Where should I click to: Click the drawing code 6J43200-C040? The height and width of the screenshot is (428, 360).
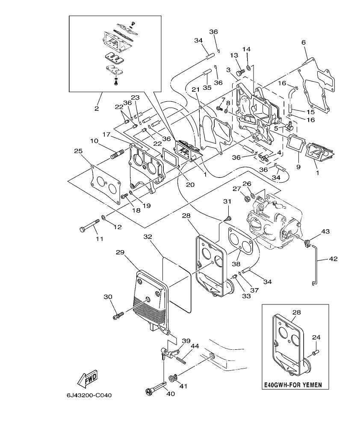coord(89,396)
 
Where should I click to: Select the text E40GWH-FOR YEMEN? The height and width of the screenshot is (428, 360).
coord(295,384)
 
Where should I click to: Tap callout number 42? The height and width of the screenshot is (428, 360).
coord(333,259)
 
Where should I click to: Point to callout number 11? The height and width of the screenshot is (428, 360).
coord(99,239)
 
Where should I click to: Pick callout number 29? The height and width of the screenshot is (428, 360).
coord(120,253)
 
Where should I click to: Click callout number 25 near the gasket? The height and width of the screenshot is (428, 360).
coord(78,151)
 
